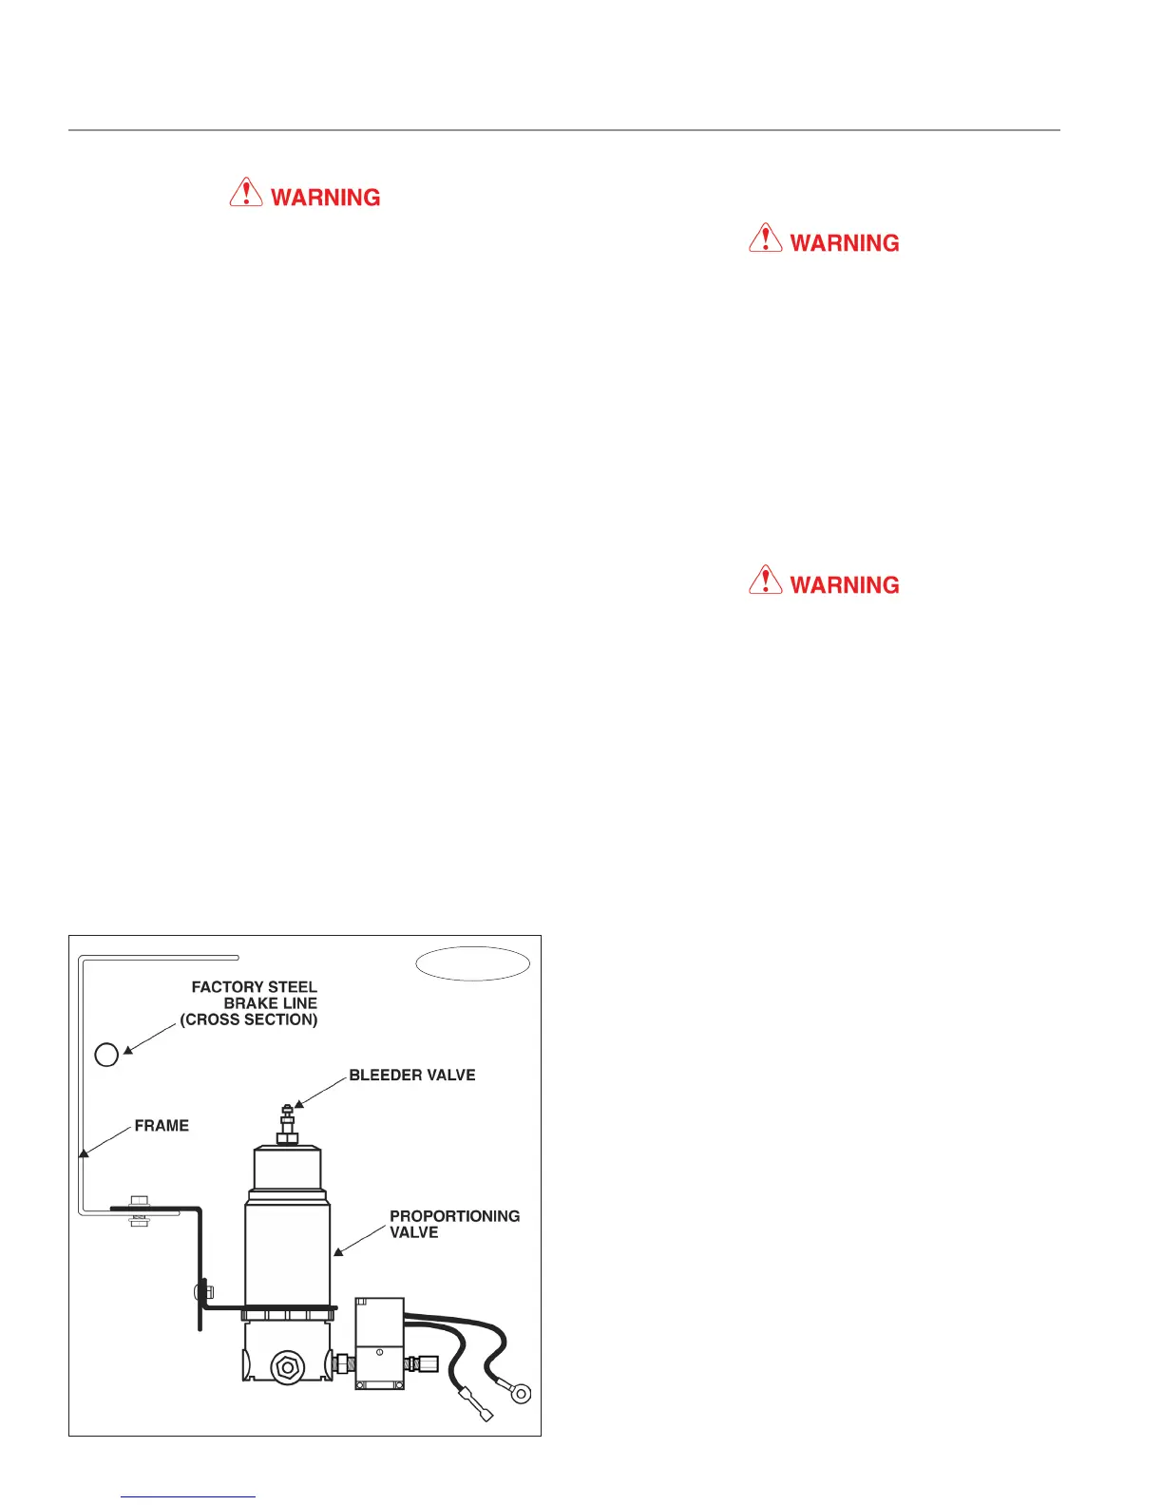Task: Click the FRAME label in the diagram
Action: click(162, 1126)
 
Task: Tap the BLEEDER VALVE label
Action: click(411, 1076)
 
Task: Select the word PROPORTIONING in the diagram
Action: click(454, 1216)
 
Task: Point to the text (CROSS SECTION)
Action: click(249, 1019)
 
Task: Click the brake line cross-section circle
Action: click(106, 1054)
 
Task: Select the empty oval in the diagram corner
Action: click(472, 963)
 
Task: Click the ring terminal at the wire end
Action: click(520, 1394)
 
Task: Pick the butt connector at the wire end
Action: click(475, 1405)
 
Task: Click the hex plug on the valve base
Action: click(286, 1367)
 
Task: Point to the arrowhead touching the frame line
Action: click(84, 1152)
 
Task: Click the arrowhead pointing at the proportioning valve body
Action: click(338, 1252)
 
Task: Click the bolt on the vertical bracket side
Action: click(202, 1292)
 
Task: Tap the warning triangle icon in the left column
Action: click(246, 192)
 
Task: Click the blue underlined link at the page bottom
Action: click(188, 1497)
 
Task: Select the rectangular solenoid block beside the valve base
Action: click(379, 1344)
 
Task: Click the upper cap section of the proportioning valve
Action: click(286, 1169)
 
